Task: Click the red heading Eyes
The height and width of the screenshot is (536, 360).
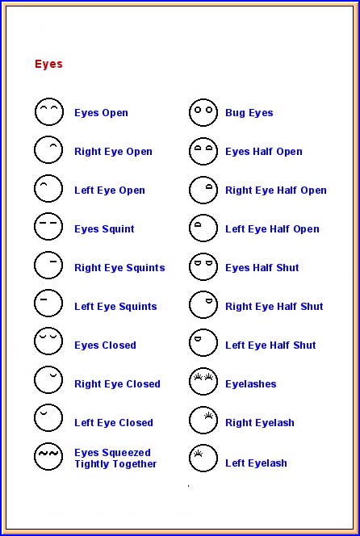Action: (x=48, y=65)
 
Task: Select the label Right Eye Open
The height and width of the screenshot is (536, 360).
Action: (x=113, y=152)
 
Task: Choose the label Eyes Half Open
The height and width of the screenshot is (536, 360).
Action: (x=264, y=152)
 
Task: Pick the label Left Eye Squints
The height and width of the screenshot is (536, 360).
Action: (x=115, y=306)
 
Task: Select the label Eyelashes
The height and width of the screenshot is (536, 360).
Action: (x=250, y=384)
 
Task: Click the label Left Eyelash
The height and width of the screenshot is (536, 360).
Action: (x=256, y=463)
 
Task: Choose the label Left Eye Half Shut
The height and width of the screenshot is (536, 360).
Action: (x=270, y=345)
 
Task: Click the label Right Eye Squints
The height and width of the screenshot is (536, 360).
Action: (x=119, y=268)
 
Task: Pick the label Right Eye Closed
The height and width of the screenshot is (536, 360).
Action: (x=117, y=384)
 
